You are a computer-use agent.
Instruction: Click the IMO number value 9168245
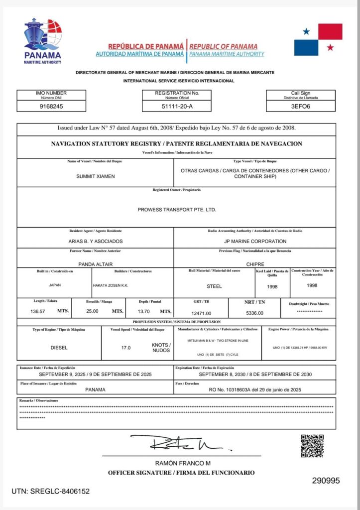51,106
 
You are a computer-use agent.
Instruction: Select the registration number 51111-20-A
177,106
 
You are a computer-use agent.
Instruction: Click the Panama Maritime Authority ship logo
43,38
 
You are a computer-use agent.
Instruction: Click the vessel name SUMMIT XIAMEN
95,177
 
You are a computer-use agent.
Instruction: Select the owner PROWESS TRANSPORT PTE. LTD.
177,210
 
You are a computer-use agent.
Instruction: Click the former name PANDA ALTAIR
95,264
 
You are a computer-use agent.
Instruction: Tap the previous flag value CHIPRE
255,264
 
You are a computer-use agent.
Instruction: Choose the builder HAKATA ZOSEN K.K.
112,286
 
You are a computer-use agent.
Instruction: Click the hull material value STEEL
214,286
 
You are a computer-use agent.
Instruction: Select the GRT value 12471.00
201,313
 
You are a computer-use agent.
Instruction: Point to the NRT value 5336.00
254,313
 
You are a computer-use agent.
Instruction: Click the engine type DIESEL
59,348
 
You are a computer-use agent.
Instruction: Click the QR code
312,446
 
